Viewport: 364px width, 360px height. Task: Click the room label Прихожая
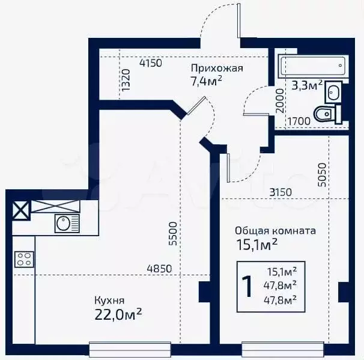217,68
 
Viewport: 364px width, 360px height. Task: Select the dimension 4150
151,63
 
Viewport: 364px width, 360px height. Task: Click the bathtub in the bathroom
311,64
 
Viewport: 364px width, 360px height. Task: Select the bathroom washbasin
333,91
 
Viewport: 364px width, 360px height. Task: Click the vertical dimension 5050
323,174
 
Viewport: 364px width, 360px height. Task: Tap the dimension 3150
280,192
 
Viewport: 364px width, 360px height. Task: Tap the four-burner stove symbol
23,260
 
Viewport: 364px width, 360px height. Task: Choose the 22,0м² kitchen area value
118,313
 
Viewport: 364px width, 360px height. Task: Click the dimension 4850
159,269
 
